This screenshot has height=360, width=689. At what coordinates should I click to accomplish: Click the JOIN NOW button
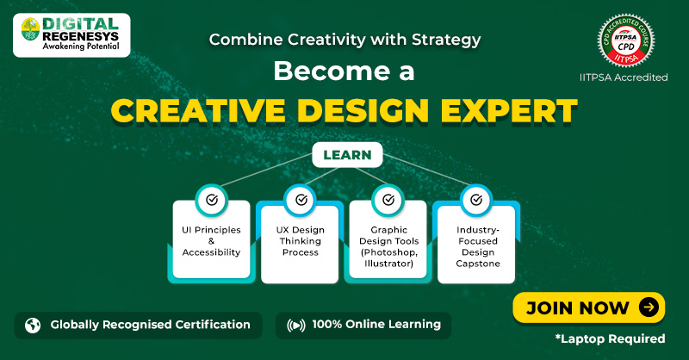[x=590, y=307]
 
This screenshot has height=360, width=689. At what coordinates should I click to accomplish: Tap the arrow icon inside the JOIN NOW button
[x=649, y=307]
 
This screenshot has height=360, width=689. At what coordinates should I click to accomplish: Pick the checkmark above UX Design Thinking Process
[x=301, y=200]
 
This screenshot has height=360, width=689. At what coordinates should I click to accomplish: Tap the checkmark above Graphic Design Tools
[x=388, y=200]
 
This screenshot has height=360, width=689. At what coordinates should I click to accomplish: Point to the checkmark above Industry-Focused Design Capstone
[x=476, y=200]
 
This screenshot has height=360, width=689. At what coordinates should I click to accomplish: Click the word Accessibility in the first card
[x=212, y=252]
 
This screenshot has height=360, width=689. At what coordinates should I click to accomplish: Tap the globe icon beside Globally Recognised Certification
[x=33, y=326]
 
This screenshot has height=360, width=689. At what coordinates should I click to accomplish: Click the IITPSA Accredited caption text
[x=623, y=77]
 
